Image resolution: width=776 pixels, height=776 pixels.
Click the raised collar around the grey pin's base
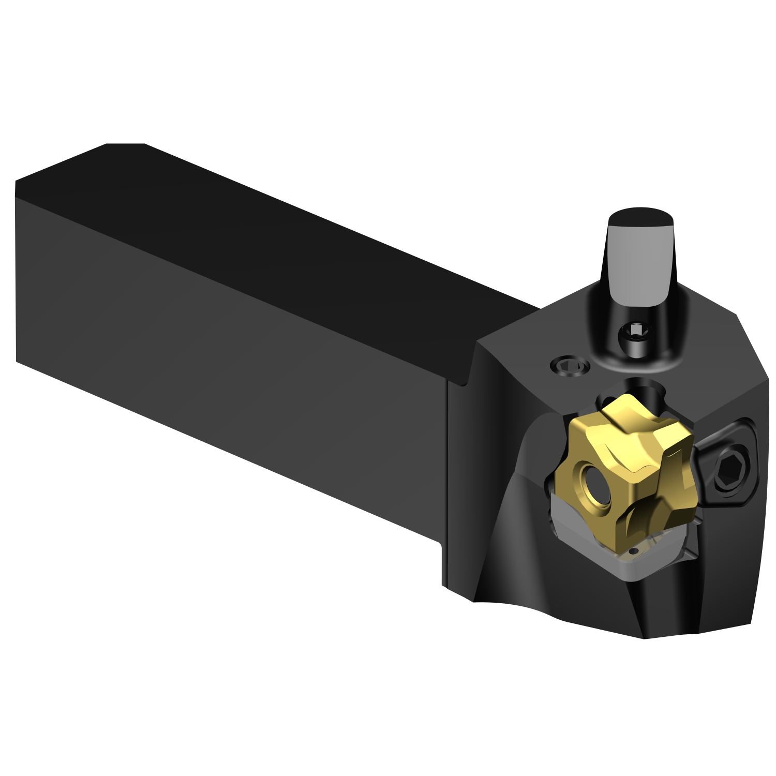point(641,357)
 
